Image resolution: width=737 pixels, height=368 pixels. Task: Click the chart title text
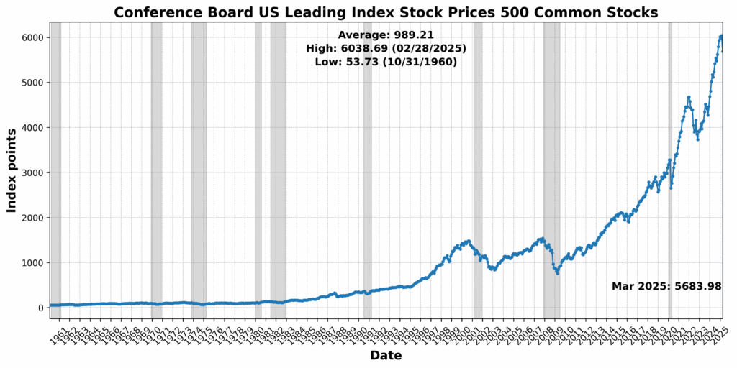tap(386, 12)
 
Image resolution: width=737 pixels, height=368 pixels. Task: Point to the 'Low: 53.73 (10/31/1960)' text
tap(386, 62)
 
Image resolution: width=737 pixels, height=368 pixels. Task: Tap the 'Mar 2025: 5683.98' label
tap(666, 286)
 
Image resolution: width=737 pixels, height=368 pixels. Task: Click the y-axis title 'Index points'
tap(12, 170)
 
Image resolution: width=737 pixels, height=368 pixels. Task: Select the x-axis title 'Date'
tap(386, 356)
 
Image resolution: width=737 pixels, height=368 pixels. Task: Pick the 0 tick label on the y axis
tap(40, 308)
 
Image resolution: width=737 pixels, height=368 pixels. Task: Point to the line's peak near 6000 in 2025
tap(721, 36)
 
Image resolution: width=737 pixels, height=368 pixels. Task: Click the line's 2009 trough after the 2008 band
tap(557, 273)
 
